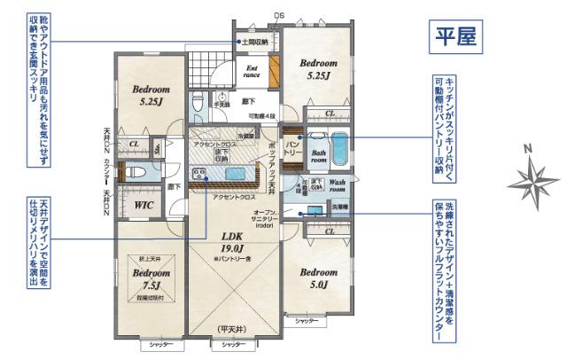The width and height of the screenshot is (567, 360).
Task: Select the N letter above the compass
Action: pyautogui.click(x=527, y=150)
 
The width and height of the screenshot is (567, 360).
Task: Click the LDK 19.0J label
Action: pyautogui.click(x=234, y=244)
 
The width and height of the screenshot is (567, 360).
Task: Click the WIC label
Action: pyautogui.click(x=144, y=206)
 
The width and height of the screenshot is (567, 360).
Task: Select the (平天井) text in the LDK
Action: pyautogui.click(x=233, y=330)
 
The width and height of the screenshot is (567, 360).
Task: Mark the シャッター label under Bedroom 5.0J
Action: pyautogui.click(x=307, y=319)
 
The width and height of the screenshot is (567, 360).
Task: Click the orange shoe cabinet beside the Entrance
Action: pyautogui.click(x=274, y=70)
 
